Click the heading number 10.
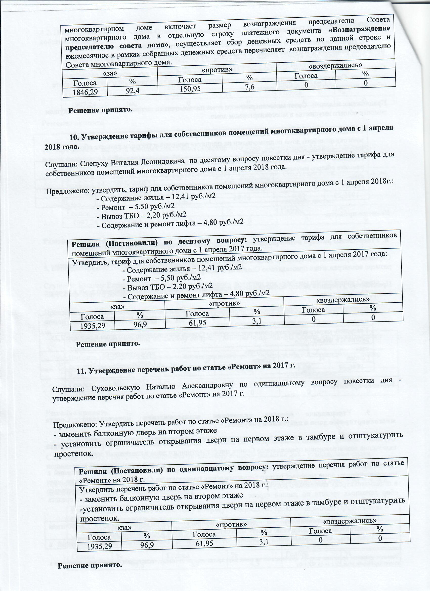(73, 137)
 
